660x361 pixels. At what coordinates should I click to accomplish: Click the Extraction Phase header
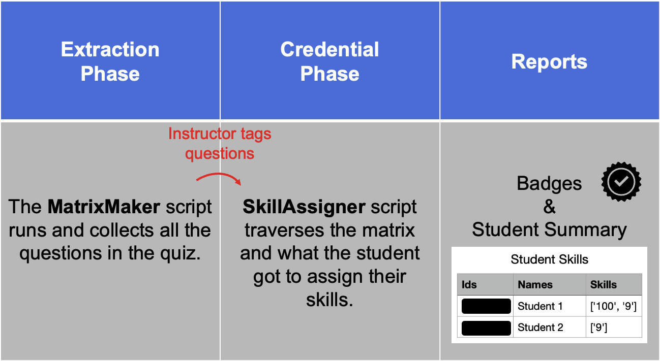pos(110,61)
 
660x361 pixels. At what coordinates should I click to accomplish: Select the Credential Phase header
pos(329,61)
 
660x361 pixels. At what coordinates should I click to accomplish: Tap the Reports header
pos(549,61)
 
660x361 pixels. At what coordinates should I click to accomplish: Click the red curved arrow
pos(219,178)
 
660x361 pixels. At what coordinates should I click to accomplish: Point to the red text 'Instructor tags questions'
pos(220,143)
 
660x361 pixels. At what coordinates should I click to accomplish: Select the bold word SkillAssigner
pos(304,207)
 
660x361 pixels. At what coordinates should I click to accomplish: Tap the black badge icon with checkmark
pos(621,182)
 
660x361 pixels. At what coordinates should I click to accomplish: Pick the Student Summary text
pos(549,229)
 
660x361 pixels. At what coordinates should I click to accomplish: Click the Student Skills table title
pos(549,259)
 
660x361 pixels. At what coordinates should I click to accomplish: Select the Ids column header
pos(469,285)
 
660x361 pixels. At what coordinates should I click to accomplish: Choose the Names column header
pos(535,285)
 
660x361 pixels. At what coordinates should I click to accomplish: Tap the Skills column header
pos(603,285)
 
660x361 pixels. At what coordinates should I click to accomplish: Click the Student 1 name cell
pos(540,306)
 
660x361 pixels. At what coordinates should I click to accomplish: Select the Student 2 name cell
pos(540,327)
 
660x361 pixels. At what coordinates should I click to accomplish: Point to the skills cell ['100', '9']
pos(613,306)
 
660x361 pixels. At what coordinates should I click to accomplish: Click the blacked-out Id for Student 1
pos(486,306)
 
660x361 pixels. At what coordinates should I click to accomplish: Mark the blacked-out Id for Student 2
pos(486,328)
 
